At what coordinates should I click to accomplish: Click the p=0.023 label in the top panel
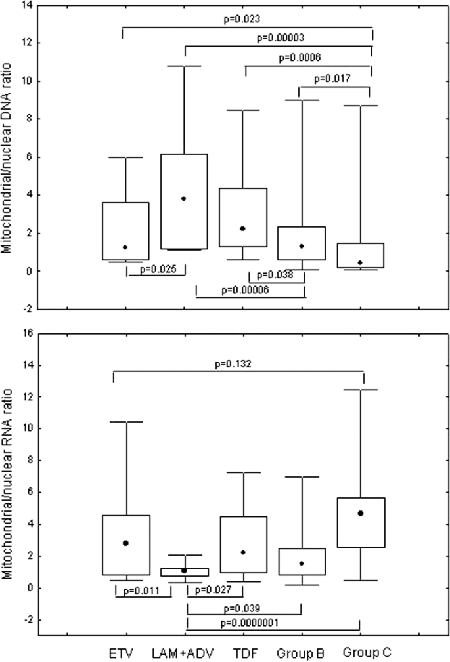pyautogui.click(x=246, y=20)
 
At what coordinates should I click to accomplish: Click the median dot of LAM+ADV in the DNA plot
pyautogui.click(x=184, y=199)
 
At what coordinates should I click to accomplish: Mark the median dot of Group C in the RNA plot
pyautogui.click(x=361, y=513)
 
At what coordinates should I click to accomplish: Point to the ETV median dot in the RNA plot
pyautogui.click(x=125, y=543)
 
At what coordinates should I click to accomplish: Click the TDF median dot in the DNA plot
pyautogui.click(x=243, y=228)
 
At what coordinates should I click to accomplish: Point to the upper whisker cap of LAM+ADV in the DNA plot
pyautogui.click(x=184, y=66)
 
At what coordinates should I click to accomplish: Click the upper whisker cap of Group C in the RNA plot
pyautogui.click(x=361, y=390)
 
